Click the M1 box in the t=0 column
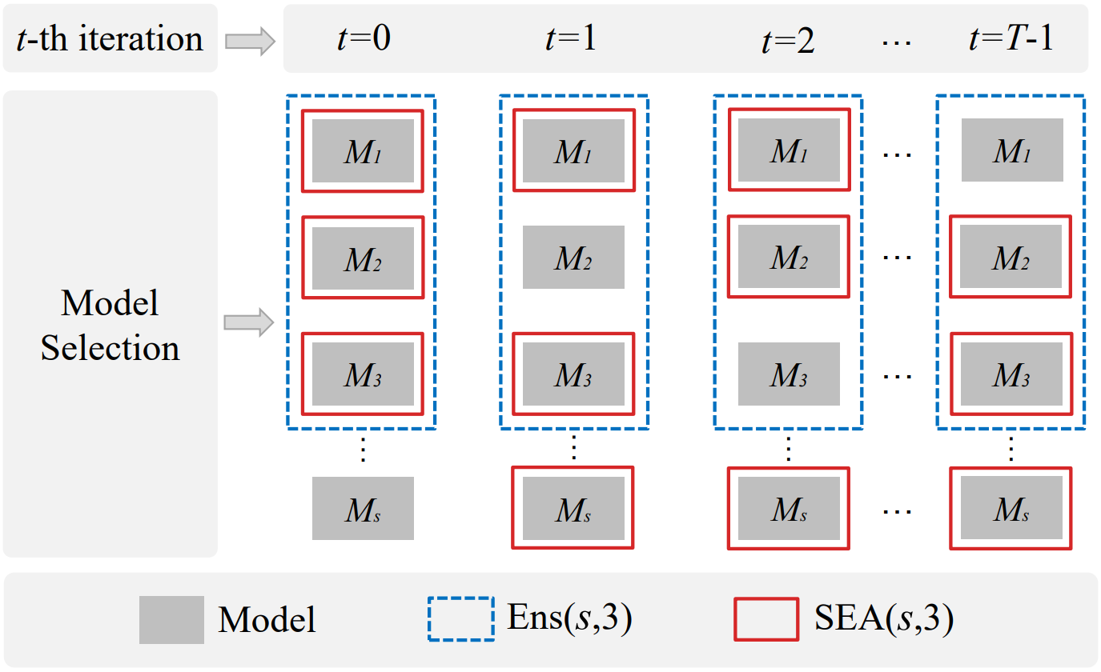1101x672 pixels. click(x=363, y=150)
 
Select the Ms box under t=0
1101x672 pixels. click(x=363, y=508)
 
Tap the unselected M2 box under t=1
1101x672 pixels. click(x=573, y=257)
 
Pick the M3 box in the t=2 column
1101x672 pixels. click(x=789, y=374)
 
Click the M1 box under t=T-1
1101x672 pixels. click(x=1011, y=150)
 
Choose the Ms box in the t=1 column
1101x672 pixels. click(x=573, y=508)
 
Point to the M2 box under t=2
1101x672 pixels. click(x=789, y=257)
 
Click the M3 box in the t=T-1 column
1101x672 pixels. click(x=1011, y=374)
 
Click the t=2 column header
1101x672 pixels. click(x=788, y=40)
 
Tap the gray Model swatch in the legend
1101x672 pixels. click(x=171, y=619)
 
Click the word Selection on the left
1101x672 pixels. click(x=111, y=348)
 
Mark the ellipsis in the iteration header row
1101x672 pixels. click(x=897, y=40)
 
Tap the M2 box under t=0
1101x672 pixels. click(x=363, y=257)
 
